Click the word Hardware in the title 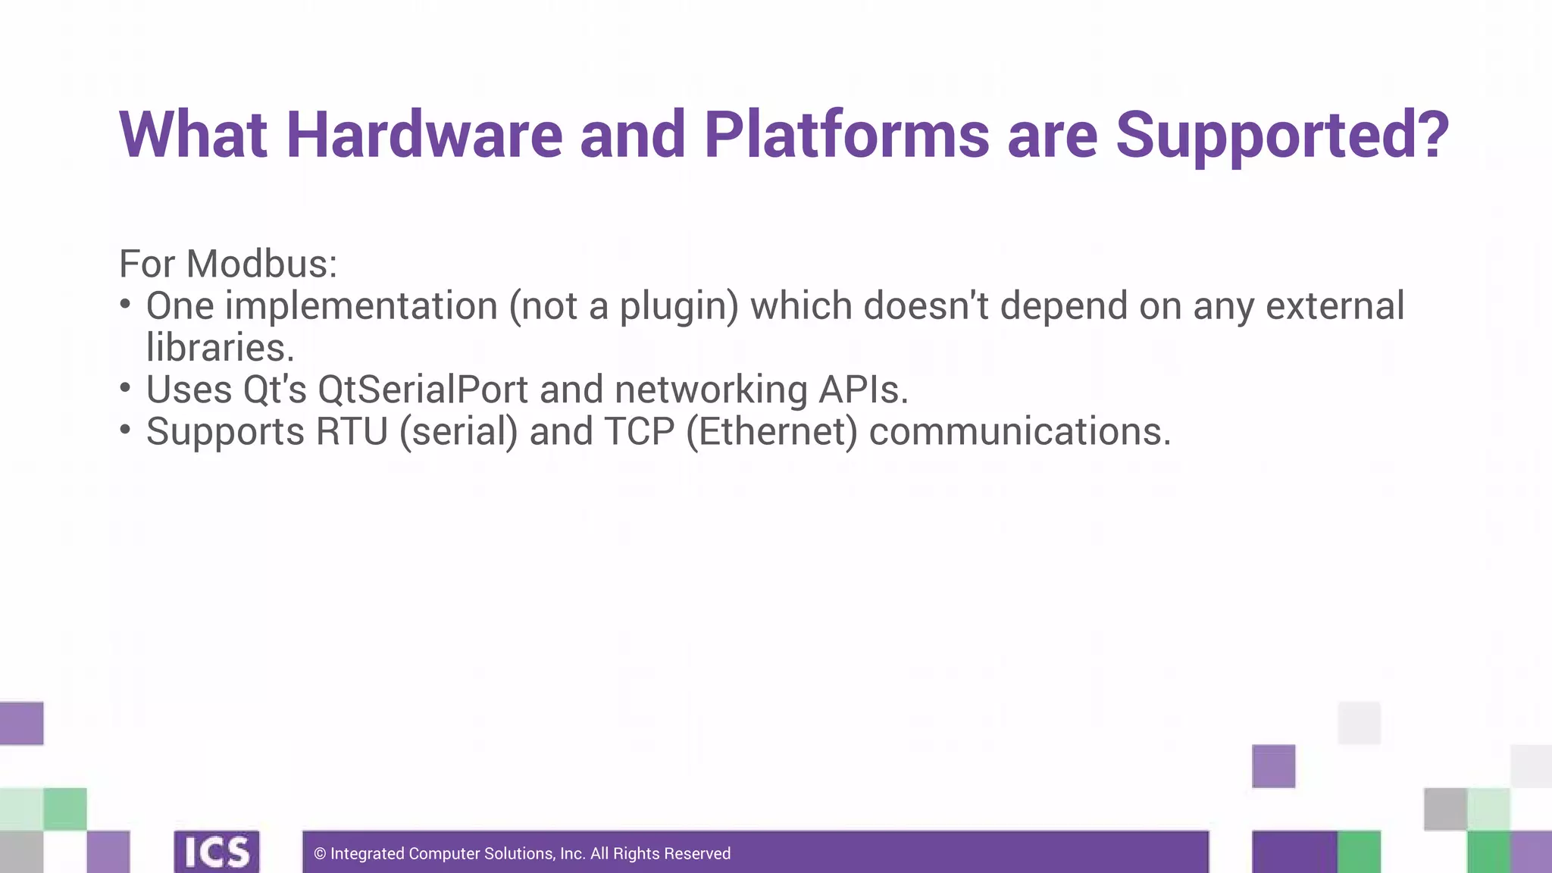tap(424, 136)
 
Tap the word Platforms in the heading tap(846, 136)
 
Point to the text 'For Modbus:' tap(228, 264)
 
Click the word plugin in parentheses tap(674, 307)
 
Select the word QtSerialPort tap(423, 390)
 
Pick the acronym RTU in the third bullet tap(352, 432)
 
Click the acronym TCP tap(639, 432)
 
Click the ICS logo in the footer tap(217, 852)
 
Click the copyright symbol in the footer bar tap(320, 854)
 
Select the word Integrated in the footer tap(368, 854)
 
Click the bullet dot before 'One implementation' tap(126, 305)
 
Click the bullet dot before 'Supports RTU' tap(126, 430)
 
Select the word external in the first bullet tap(1335, 306)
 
